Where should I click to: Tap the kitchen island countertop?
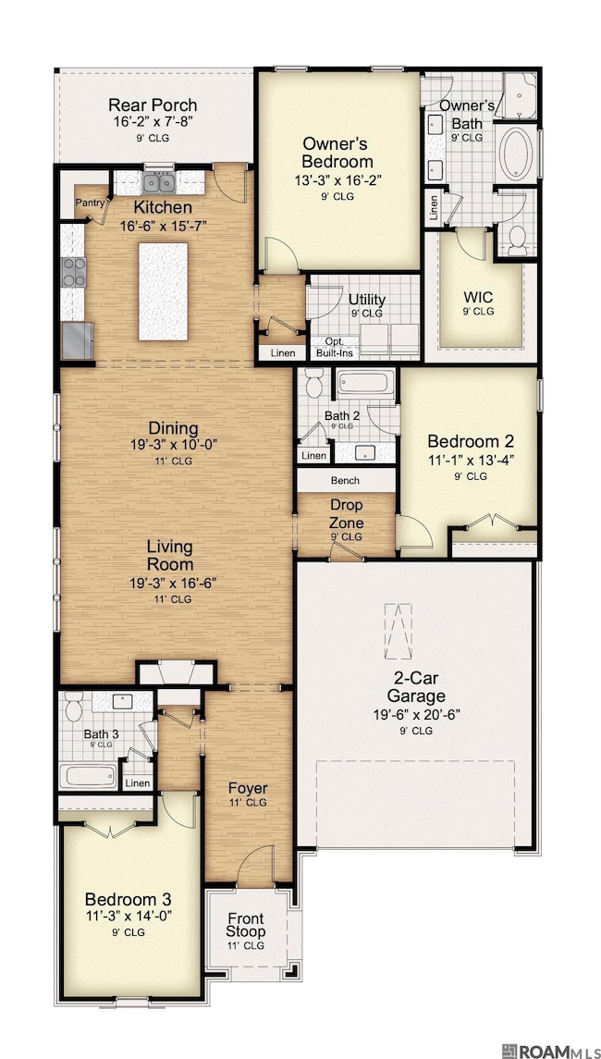tap(163, 290)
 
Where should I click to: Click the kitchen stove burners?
tap(73, 271)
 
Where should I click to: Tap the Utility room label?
tap(367, 300)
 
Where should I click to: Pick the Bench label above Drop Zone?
tap(345, 481)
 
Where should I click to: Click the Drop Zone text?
tap(346, 514)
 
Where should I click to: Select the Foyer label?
tap(249, 788)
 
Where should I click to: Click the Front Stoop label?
tap(247, 924)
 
